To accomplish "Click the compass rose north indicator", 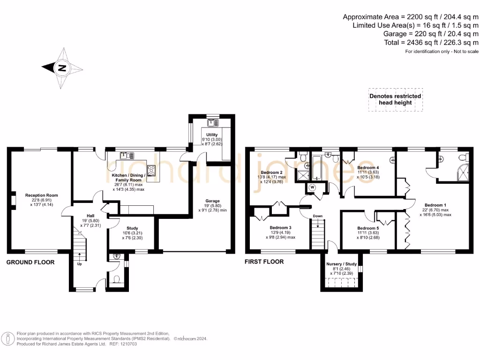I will pos(62,68).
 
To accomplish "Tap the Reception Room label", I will pos(41,195).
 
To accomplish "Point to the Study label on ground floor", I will pos(119,228).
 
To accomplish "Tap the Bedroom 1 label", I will pos(435,205).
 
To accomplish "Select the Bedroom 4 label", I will pos(368,167).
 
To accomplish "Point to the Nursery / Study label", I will pos(341,264).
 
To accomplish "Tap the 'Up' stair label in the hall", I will pos(79,263).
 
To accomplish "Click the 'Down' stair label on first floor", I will pos(318,217).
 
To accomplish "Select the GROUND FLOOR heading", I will pos(30,262).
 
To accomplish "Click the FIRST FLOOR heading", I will pos(264,262).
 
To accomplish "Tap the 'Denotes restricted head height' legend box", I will pos(395,99).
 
